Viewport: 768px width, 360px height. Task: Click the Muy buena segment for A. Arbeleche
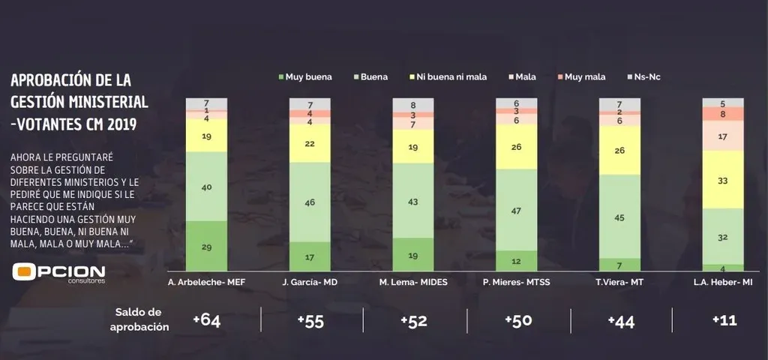(x=206, y=246)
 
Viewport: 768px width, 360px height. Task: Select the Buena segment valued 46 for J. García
(x=310, y=202)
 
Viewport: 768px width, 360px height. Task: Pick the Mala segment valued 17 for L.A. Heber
(x=722, y=136)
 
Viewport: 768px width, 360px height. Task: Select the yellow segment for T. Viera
(x=620, y=150)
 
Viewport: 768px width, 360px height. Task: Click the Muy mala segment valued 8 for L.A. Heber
(x=722, y=114)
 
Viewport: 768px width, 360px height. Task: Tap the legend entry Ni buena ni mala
(x=447, y=76)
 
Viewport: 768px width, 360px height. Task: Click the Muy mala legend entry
(x=584, y=76)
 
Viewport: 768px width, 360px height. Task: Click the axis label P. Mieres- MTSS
(x=517, y=281)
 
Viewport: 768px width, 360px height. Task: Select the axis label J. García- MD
(x=310, y=281)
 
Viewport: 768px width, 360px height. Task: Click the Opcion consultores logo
(x=58, y=273)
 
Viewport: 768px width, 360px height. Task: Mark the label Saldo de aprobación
(x=139, y=319)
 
